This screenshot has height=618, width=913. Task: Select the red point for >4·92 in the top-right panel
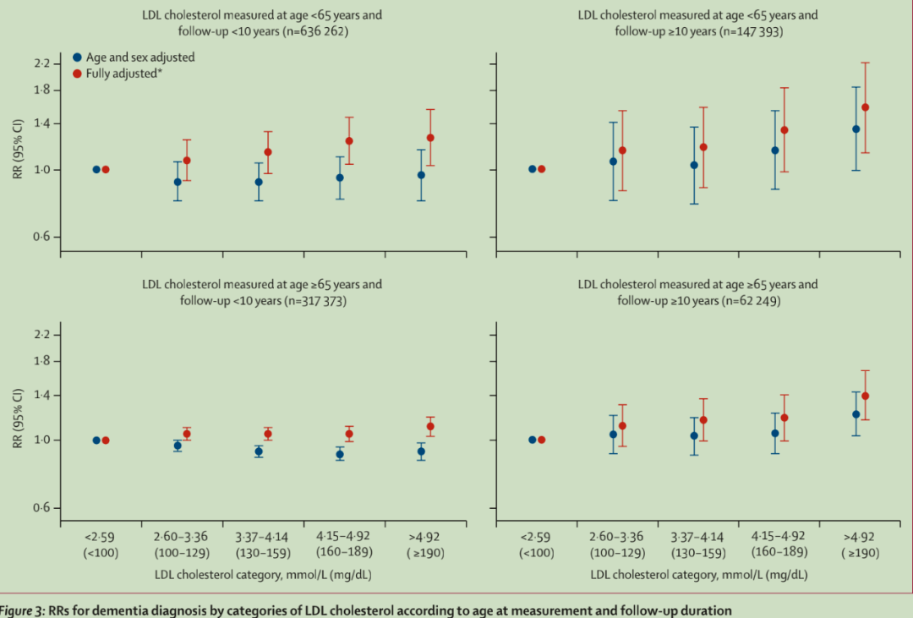tap(865, 107)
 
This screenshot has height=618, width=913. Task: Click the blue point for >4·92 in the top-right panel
tap(856, 129)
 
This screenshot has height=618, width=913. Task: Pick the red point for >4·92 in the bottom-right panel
tap(865, 396)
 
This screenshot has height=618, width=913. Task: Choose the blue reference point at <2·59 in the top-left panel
tap(96, 169)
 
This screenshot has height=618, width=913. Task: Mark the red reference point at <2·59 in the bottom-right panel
tap(542, 440)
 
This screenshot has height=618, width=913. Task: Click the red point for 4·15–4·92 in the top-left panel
tap(349, 140)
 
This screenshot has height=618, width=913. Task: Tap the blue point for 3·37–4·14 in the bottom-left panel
tap(259, 451)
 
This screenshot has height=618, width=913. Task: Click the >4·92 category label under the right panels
tap(861, 537)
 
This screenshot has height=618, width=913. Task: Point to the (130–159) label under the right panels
tap(698, 553)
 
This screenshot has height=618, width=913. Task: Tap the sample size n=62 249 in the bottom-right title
tap(746, 301)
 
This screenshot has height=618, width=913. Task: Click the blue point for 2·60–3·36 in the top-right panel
tap(613, 161)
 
